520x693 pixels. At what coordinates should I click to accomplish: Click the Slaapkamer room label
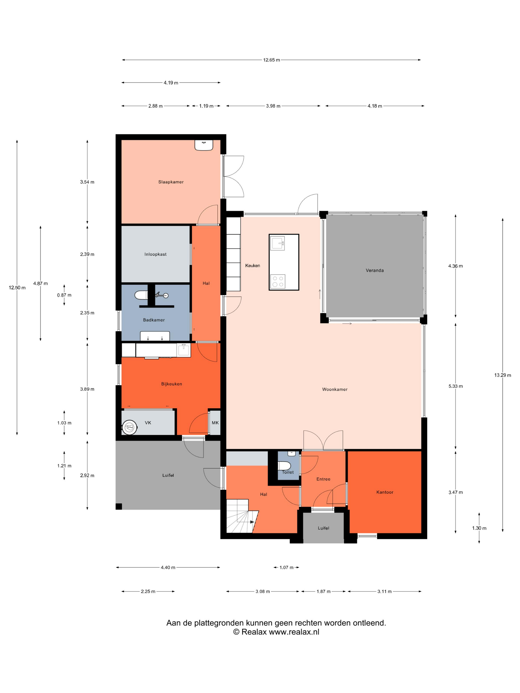coord(171,182)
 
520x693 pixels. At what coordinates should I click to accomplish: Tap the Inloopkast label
coord(156,254)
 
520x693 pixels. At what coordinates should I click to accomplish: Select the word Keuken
coord(253,266)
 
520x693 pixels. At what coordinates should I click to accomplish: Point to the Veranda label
coord(375,270)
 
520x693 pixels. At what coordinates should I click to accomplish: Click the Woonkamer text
coord(335,389)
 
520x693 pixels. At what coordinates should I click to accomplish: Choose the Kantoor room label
coord(385,492)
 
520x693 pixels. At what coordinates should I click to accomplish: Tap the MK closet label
coord(215,423)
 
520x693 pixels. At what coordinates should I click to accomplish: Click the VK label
coord(148,423)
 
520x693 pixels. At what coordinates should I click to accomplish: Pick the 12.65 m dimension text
coord(271,60)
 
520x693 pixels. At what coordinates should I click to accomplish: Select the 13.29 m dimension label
coord(502,375)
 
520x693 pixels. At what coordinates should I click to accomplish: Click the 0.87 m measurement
coord(64,295)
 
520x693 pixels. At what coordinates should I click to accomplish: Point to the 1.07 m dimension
coord(286,567)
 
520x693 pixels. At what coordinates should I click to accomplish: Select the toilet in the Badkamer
coord(141,295)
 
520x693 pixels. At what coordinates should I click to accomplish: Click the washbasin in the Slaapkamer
coord(204,145)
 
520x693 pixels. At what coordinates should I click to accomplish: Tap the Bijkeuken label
coord(171,384)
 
